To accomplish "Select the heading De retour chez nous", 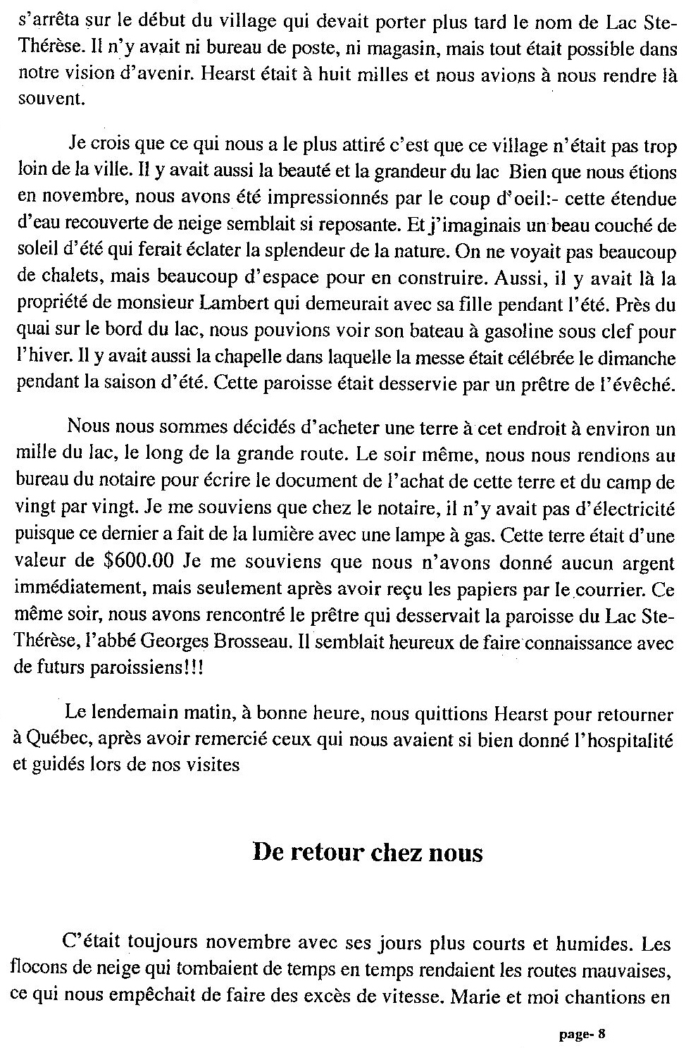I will pyautogui.click(x=367, y=853).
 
